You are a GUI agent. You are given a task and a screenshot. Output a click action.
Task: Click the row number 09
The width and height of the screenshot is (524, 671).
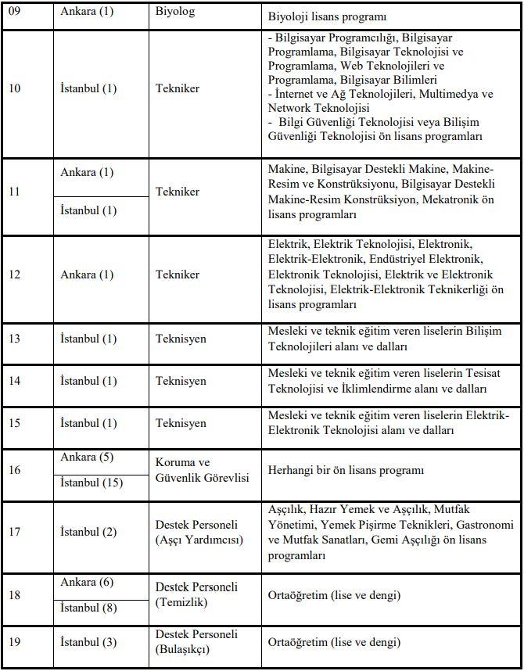[x=15, y=13]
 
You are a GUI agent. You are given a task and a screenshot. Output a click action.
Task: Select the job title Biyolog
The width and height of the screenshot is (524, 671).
[x=175, y=13]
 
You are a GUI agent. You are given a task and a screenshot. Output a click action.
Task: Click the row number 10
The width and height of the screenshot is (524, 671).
[x=15, y=88]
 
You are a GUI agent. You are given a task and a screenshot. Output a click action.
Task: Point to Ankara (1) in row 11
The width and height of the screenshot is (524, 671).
[x=87, y=172]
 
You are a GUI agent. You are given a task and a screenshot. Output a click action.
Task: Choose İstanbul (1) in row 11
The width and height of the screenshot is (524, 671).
[x=88, y=210]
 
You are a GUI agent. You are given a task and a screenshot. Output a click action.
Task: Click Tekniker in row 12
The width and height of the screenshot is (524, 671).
[x=178, y=274]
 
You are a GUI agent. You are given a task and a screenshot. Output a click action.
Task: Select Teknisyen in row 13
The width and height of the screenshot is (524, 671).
[x=181, y=339]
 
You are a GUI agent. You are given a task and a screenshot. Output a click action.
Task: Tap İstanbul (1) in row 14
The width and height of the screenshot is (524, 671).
[x=88, y=381]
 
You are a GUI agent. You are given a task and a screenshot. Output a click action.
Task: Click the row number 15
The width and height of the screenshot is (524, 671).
[x=15, y=423]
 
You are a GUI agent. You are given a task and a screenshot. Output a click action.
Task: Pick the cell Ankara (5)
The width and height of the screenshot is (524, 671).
[x=87, y=457]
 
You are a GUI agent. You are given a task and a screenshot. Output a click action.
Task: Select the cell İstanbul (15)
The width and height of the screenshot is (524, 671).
[x=92, y=483]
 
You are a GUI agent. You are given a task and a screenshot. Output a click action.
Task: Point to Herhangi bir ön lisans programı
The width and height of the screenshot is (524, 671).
[x=346, y=470]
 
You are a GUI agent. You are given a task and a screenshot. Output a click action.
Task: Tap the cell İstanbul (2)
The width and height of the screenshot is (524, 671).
[x=88, y=533]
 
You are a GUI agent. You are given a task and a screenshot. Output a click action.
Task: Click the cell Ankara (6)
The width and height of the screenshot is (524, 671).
[x=87, y=583]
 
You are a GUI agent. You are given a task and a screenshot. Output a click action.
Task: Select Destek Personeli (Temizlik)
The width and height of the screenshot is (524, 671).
[x=196, y=595]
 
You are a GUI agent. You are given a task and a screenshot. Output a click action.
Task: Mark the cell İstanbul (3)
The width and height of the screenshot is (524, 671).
[x=88, y=643]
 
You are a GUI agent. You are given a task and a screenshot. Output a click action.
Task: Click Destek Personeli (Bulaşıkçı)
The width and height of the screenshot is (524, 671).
[x=196, y=642]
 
